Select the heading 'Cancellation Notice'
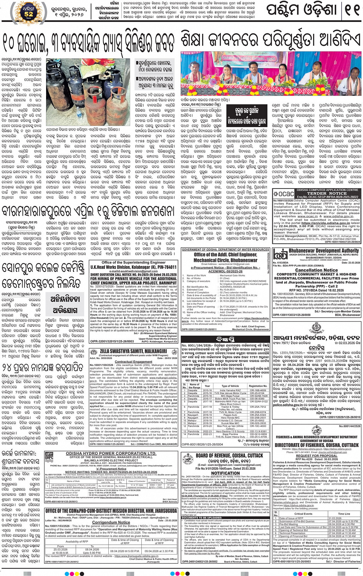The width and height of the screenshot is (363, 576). click(x=316, y=270)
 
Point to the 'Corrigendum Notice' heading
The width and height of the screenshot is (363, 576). click(x=111, y=522)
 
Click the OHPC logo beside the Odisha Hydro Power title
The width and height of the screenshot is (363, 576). click(x=49, y=457)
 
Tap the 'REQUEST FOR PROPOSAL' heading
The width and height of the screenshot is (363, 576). click(x=316, y=455)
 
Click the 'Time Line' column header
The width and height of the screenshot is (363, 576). click(x=344, y=513)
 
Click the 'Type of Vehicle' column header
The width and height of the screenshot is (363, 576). click(x=230, y=386)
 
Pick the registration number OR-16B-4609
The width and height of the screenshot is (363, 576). click(x=257, y=391)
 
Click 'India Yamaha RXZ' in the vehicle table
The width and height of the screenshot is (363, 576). click(x=230, y=391)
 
